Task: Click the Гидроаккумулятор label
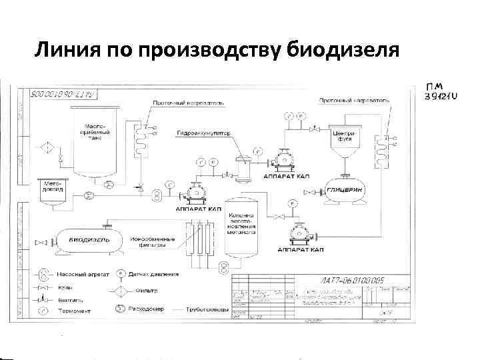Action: coord(203,133)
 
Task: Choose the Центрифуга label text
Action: coord(345,137)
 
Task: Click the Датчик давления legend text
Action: coord(156,274)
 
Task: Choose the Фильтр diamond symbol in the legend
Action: coord(121,291)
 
